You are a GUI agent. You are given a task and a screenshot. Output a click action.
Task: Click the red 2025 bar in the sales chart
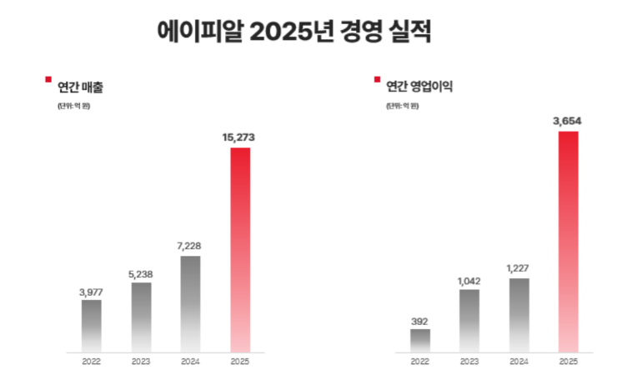point(239,250)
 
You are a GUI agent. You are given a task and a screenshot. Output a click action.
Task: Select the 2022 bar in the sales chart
point(92,325)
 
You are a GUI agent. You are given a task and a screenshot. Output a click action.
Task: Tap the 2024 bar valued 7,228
point(190,303)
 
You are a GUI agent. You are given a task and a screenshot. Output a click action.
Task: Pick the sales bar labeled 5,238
point(141,317)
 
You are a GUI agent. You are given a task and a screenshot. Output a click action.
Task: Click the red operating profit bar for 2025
point(568,242)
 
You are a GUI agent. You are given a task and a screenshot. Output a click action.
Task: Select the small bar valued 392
point(420,340)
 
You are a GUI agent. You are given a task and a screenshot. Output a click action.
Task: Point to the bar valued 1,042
point(469,320)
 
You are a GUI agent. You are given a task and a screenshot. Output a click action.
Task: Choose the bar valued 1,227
point(519,315)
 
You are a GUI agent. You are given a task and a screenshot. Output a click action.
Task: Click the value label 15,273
point(239,138)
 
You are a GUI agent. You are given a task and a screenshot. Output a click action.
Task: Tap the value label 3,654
point(567,121)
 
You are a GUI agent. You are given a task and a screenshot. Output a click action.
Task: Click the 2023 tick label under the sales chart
point(141,362)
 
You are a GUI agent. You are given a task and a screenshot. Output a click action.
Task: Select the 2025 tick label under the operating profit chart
point(568,362)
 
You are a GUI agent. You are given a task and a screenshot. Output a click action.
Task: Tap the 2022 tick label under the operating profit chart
point(420,362)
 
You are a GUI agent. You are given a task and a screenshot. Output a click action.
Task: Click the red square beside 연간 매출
point(48,79)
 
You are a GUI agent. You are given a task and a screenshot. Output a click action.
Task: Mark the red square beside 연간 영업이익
point(377,79)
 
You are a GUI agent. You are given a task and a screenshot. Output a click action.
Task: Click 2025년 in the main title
point(295,31)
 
